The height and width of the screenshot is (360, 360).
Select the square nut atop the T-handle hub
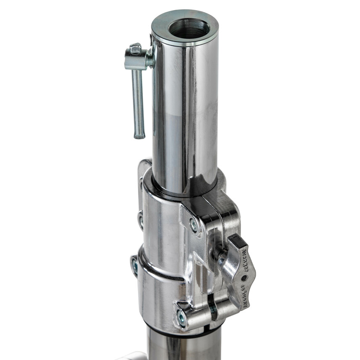tap(135, 49)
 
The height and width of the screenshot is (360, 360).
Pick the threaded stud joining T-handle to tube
tap(149, 60)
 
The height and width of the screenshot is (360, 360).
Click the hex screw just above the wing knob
tap(194, 225)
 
